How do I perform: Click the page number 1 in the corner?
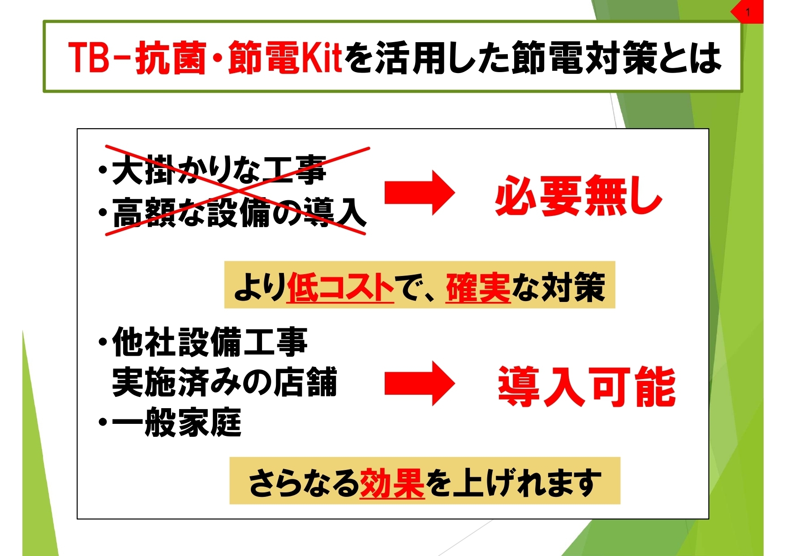pyautogui.click(x=747, y=12)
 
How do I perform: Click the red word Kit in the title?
pyautogui.click(x=321, y=57)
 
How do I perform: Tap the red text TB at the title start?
pyautogui.click(x=89, y=57)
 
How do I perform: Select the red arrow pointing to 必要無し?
pyautogui.click(x=420, y=193)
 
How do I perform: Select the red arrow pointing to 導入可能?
pyautogui.click(x=420, y=384)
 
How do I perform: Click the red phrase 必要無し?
pyautogui.click(x=579, y=196)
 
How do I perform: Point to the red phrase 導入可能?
pyautogui.click(x=587, y=386)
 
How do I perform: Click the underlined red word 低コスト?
pyautogui.click(x=340, y=287)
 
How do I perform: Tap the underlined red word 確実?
pyautogui.click(x=478, y=287)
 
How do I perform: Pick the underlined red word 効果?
pyautogui.click(x=392, y=483)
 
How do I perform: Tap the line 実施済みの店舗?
pyautogui.click(x=224, y=382)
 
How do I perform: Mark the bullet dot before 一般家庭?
pyautogui.click(x=103, y=422)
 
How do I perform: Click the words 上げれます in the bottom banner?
pyautogui.click(x=526, y=483)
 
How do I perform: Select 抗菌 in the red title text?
pyautogui.click(x=171, y=57)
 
